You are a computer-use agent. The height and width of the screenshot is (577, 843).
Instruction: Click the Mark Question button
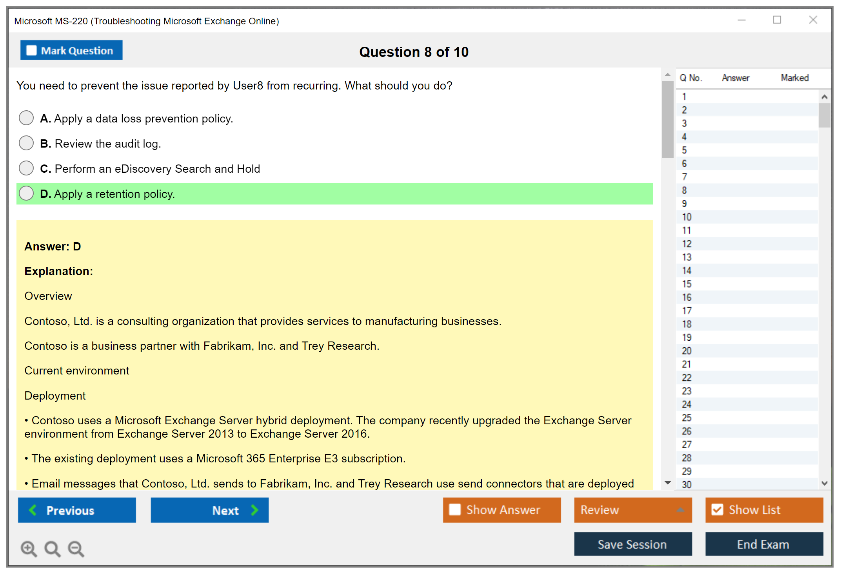(x=71, y=50)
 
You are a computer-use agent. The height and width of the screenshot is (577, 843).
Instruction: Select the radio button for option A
(x=26, y=118)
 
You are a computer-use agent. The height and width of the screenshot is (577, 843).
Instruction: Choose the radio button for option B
(x=26, y=143)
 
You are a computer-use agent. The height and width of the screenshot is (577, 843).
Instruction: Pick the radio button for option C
(x=26, y=168)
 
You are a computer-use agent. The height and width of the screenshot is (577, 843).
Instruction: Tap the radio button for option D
(x=26, y=193)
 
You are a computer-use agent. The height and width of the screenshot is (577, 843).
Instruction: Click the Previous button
(x=77, y=510)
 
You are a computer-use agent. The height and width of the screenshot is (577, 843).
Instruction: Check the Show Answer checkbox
(x=455, y=509)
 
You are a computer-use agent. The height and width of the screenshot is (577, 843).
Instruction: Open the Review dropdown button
(x=633, y=510)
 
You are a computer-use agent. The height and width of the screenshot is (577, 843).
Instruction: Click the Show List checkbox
(x=717, y=509)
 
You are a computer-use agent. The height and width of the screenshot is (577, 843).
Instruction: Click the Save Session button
(x=633, y=544)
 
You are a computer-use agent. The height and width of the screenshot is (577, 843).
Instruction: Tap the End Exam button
(x=764, y=544)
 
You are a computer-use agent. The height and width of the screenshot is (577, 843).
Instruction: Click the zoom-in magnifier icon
(x=29, y=549)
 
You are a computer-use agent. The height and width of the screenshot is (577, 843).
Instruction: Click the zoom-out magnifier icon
(x=76, y=549)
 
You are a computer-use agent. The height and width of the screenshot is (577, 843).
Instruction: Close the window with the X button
(x=813, y=20)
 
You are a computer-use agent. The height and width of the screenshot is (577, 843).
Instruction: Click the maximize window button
(x=777, y=20)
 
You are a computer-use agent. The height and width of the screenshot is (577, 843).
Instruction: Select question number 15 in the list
(x=687, y=284)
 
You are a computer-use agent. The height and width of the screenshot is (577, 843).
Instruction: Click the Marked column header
(x=795, y=78)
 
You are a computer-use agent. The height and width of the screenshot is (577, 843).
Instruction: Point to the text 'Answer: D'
(x=53, y=247)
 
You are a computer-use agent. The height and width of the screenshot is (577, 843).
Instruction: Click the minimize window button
(x=741, y=20)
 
